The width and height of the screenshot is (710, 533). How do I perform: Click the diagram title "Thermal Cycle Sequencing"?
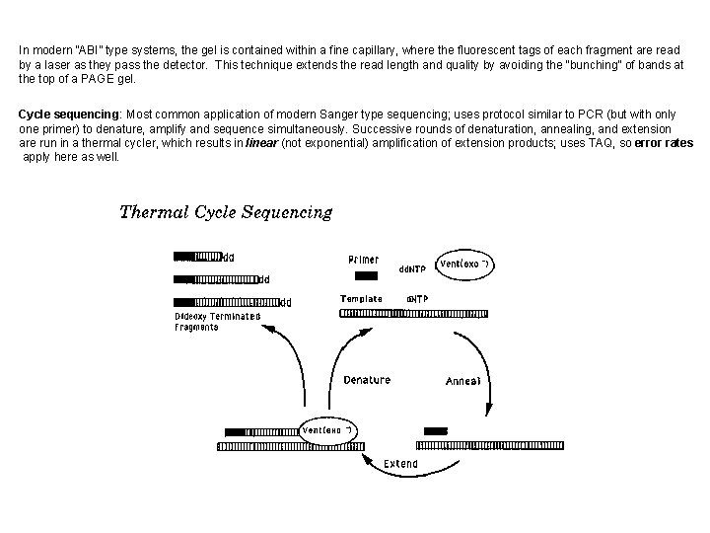[226, 212]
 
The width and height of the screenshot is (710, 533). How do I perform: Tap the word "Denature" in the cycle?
[367, 380]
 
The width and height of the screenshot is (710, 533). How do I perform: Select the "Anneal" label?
[463, 381]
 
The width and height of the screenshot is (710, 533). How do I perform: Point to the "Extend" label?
[400, 464]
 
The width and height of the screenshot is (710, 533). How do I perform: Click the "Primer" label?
[363, 260]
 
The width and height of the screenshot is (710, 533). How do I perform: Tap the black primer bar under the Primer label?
[365, 276]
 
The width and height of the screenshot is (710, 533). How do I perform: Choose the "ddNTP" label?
[411, 268]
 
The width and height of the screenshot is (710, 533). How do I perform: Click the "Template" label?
[361, 298]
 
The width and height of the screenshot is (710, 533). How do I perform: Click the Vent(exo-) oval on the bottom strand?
[327, 431]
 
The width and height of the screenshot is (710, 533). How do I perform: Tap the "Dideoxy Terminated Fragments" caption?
[217, 322]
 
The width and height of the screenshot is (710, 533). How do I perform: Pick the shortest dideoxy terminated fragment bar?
[198, 258]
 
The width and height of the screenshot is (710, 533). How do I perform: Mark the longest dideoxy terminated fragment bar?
[227, 302]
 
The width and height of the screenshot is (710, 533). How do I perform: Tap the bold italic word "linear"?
[260, 143]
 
